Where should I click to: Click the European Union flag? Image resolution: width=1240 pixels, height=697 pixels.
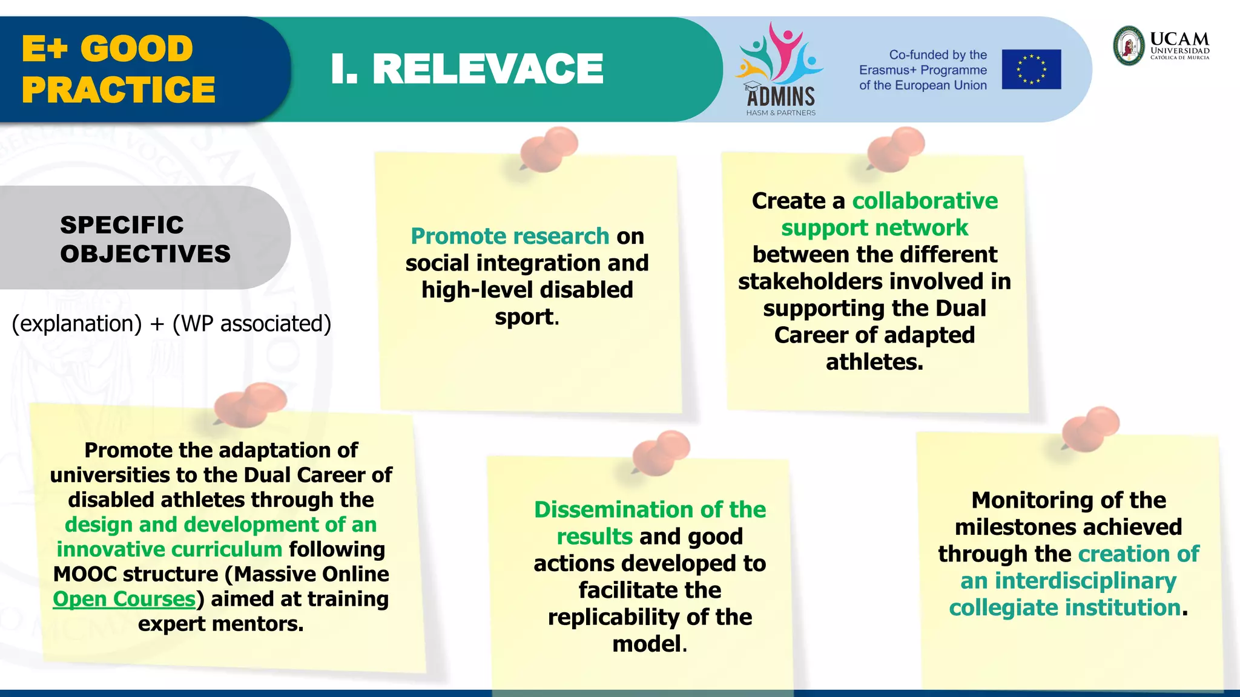point(1031,69)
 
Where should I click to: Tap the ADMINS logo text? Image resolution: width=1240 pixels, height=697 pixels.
point(780,96)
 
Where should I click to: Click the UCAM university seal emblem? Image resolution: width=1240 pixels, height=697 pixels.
point(1129,45)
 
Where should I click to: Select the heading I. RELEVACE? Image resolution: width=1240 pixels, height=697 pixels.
point(467,68)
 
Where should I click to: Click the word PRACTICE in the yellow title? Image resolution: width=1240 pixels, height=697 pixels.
point(119,90)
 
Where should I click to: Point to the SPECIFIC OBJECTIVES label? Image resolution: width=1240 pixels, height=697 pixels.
point(145,239)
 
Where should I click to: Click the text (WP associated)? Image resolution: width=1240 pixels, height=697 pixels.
point(252,324)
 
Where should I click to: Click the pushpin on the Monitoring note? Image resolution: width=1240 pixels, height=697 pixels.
point(1090,429)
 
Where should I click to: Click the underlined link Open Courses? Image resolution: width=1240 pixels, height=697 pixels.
point(124,599)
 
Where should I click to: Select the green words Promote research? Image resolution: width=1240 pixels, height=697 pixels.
point(510,236)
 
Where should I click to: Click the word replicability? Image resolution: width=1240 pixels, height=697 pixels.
point(613,617)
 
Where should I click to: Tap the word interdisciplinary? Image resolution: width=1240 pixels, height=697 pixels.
point(1085,581)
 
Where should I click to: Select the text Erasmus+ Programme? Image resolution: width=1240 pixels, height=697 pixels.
point(923,70)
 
